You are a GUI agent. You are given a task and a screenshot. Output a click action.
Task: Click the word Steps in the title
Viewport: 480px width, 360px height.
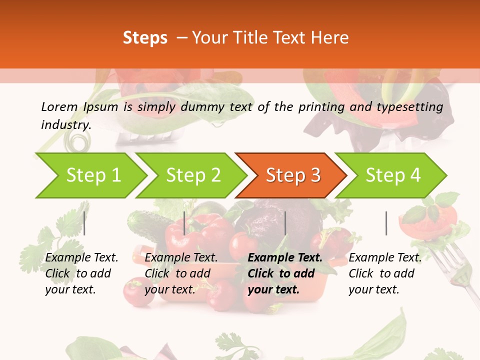click(x=145, y=37)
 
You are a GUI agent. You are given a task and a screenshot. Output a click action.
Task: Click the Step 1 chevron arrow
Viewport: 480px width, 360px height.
click(x=93, y=175)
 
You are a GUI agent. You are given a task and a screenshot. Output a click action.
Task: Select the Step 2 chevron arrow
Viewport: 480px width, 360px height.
click(x=193, y=175)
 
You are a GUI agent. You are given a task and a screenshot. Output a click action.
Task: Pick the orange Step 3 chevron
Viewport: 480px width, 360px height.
click(x=293, y=175)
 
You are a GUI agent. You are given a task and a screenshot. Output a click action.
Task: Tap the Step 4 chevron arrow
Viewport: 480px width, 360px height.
click(x=393, y=175)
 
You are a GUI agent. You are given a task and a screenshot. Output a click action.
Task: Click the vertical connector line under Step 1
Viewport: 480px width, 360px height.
click(x=84, y=223)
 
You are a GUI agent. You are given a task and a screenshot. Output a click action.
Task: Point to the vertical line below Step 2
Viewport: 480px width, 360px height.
click(x=184, y=223)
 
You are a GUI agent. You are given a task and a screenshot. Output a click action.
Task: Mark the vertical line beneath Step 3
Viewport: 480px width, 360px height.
click(x=285, y=223)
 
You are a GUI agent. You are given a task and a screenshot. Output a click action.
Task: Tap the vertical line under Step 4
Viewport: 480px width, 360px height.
click(x=386, y=223)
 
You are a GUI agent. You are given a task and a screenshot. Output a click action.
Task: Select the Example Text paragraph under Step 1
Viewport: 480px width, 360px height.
click(x=81, y=273)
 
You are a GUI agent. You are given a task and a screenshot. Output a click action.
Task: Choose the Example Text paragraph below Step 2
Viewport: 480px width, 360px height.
click(x=181, y=273)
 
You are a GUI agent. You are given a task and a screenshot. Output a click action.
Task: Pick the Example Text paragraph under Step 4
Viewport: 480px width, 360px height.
click(x=385, y=273)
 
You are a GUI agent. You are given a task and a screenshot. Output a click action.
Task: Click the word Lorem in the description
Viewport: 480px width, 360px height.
click(x=59, y=106)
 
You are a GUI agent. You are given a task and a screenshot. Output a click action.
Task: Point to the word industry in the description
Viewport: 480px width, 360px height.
click(x=66, y=124)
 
